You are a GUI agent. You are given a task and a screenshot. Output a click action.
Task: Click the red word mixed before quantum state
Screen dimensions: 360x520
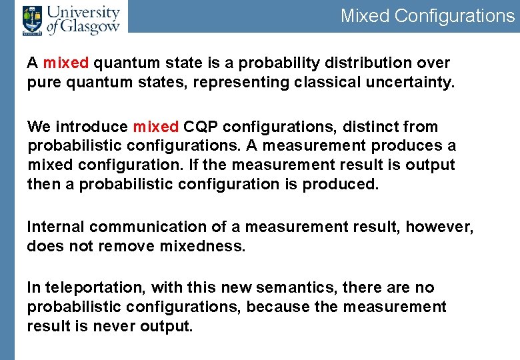point(66,63)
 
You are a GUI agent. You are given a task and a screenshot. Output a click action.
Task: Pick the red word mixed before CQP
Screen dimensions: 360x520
point(155,127)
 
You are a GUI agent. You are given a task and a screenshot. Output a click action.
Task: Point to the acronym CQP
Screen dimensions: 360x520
point(199,127)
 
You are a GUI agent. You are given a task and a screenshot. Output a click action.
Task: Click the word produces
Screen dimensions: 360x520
point(407,145)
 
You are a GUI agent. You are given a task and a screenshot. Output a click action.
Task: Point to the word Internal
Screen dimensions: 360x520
point(55,227)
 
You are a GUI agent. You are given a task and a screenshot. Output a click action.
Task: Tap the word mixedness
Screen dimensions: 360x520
point(203,246)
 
